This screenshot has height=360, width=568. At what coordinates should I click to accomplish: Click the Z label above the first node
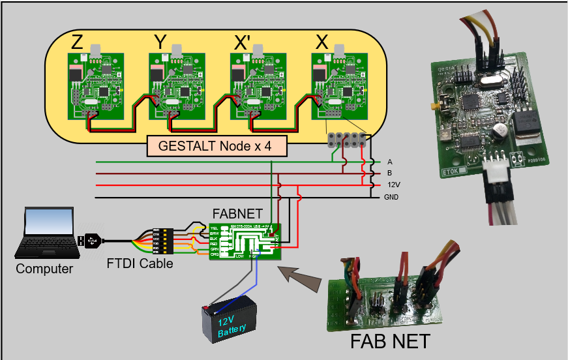point(78,43)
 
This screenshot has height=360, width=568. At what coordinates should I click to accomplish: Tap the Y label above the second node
point(160,43)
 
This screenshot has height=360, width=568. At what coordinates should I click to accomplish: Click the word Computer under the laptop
point(44,268)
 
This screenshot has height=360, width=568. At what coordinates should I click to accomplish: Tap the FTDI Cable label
point(141,264)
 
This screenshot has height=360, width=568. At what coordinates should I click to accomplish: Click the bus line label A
point(389,162)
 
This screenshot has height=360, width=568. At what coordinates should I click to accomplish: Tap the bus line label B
point(389,173)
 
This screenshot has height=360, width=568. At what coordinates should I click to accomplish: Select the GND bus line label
point(392,197)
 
